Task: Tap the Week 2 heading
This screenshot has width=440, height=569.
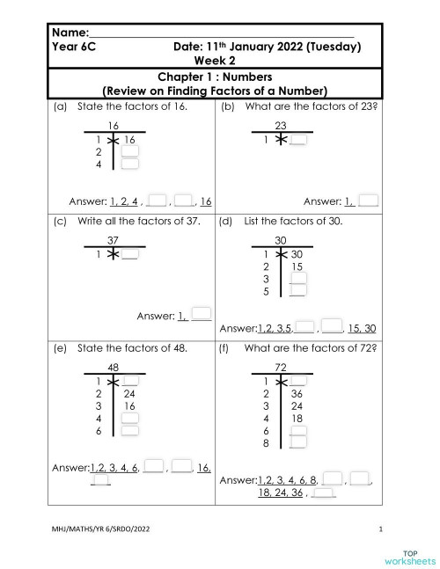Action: point(216,62)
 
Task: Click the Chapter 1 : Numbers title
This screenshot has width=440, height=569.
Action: point(216,77)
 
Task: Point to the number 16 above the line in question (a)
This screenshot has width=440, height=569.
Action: point(113,127)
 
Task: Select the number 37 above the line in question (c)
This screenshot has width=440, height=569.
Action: point(113,240)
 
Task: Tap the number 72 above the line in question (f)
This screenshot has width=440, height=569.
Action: point(282,366)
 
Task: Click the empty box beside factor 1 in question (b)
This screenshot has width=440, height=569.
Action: point(298,139)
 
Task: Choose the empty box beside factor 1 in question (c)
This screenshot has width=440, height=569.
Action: point(129,254)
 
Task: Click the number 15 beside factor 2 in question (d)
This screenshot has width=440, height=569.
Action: point(297,266)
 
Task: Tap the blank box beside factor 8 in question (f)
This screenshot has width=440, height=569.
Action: point(297,444)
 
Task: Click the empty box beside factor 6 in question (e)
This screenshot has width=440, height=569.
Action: point(129,431)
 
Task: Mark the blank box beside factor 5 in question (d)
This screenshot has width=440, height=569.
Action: point(297,292)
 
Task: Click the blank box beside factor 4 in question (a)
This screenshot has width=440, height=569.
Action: point(129,164)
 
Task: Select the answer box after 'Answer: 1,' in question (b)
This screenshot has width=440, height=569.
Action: point(369,201)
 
